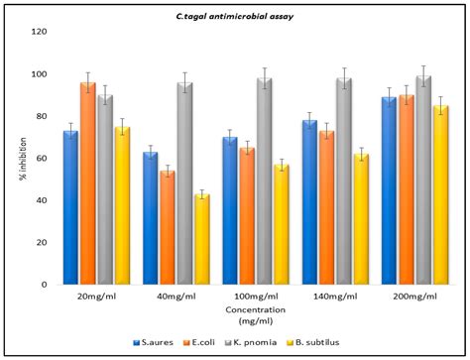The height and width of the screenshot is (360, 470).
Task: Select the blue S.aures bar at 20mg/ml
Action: coord(70,207)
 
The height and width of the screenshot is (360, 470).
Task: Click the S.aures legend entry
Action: coord(154,342)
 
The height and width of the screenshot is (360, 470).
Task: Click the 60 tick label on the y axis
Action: coord(40,159)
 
